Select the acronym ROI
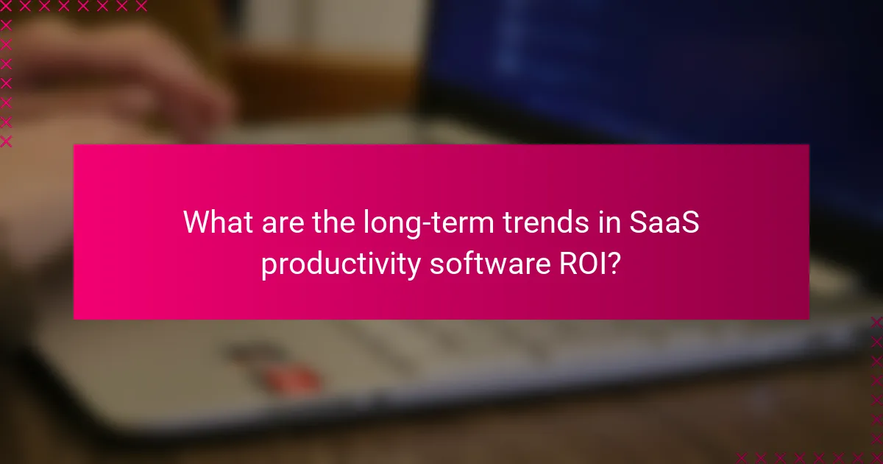point(583,262)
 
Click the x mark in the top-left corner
point(7,7)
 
